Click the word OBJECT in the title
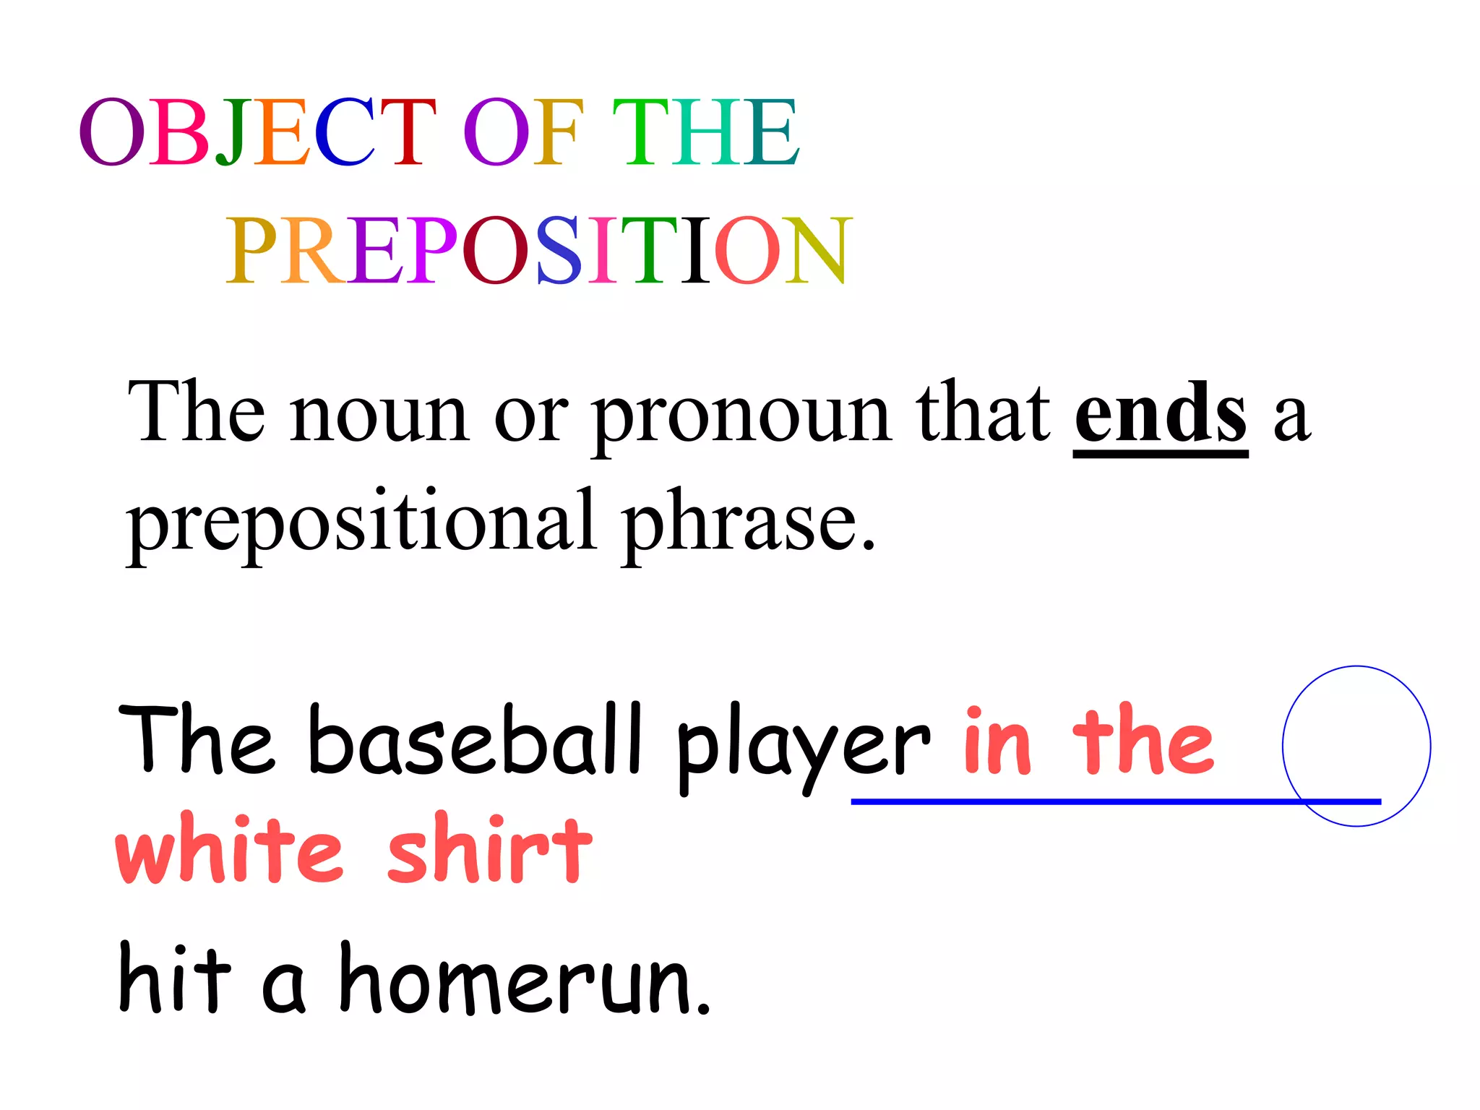[257, 132]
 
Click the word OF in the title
[522, 132]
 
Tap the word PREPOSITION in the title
[538, 250]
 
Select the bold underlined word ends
[1160, 413]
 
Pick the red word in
[997, 741]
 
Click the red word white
[228, 848]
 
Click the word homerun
[524, 980]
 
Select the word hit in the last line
[174, 978]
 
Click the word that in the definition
[982, 413]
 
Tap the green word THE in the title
[705, 132]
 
